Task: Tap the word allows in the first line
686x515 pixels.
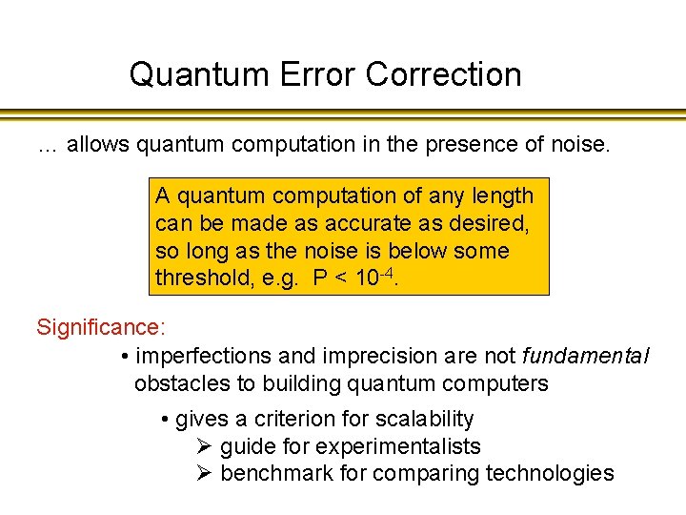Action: click(x=98, y=145)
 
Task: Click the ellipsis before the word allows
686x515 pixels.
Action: click(x=48, y=148)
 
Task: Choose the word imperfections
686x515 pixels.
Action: click(x=202, y=357)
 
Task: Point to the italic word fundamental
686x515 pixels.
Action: click(x=586, y=357)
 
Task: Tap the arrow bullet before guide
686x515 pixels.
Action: click(x=203, y=446)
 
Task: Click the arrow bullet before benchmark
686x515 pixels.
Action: click(x=203, y=474)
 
